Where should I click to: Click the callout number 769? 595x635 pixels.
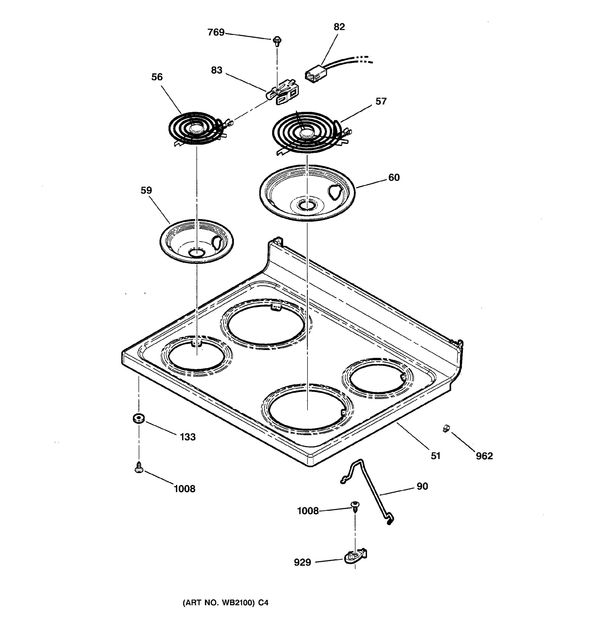tap(216, 32)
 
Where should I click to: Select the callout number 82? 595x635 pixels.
tap(339, 27)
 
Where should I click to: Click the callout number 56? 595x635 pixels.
tap(157, 77)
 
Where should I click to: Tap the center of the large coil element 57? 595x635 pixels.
tap(306, 132)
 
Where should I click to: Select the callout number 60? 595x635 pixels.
tap(394, 177)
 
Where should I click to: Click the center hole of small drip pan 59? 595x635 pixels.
tap(196, 253)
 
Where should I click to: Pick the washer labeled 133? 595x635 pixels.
tap(139, 418)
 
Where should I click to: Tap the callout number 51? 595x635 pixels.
tap(435, 456)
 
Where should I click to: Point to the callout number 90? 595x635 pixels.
tap(422, 486)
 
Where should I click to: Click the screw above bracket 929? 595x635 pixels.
tap(355, 506)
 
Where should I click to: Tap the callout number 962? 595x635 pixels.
tap(484, 456)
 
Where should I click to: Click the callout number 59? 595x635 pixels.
tap(146, 190)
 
